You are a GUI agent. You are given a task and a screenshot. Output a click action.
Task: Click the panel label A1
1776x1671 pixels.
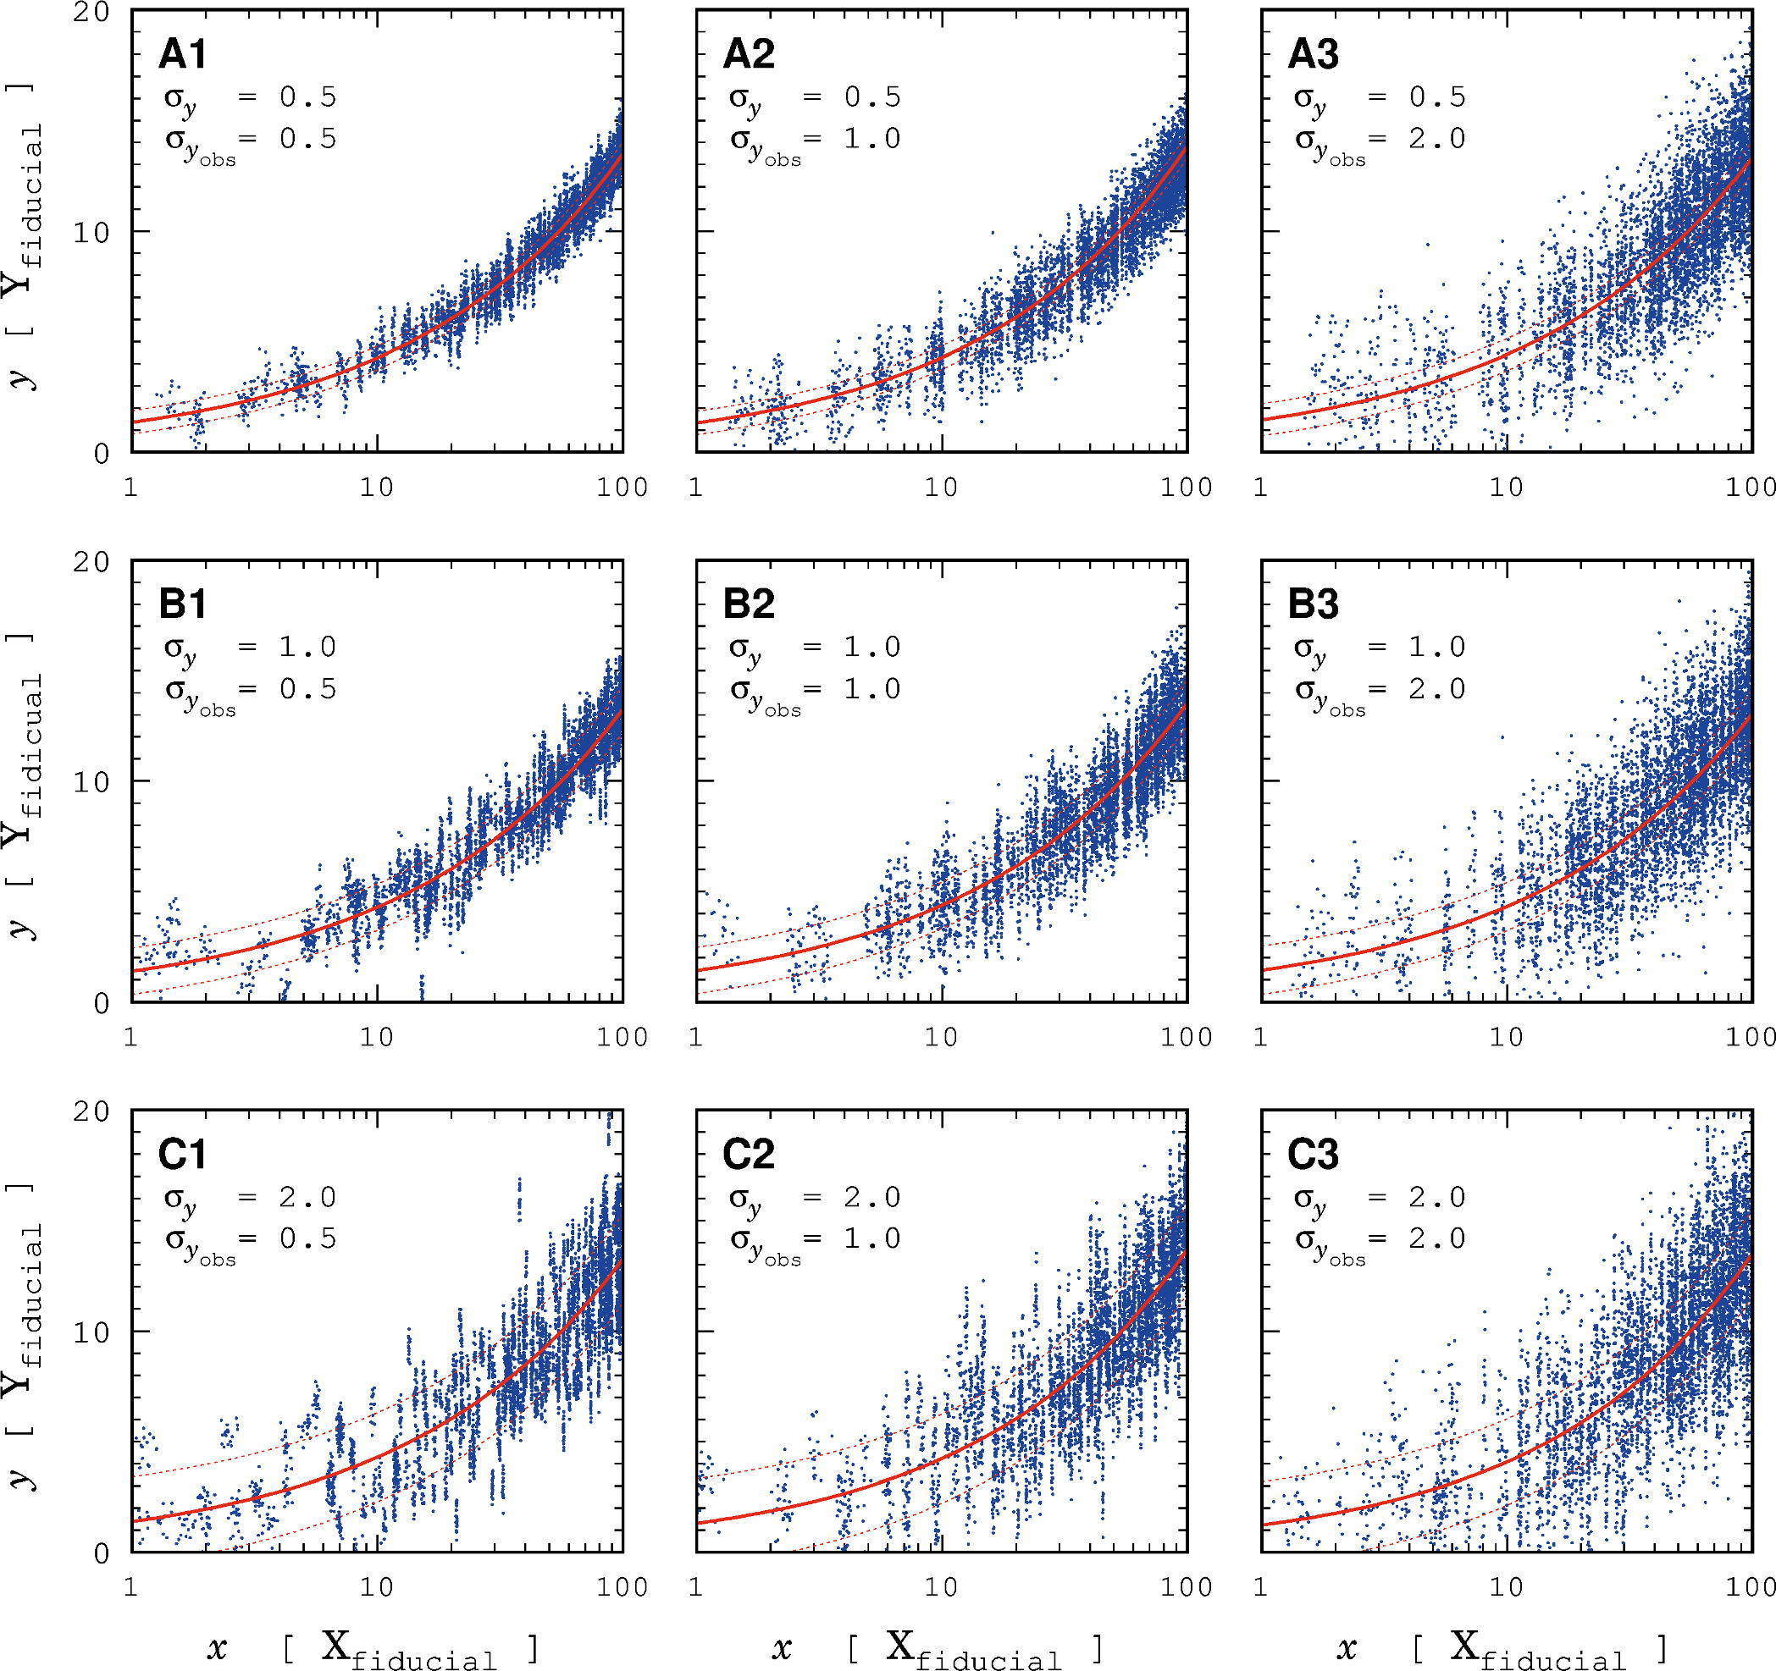182,54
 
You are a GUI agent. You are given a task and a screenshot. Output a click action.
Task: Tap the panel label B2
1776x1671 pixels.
749,604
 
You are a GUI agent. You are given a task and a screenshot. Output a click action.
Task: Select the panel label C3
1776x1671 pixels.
1314,1155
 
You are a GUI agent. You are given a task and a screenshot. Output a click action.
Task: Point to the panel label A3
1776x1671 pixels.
1314,54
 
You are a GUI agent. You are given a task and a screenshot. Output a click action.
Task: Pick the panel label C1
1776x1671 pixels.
182,1155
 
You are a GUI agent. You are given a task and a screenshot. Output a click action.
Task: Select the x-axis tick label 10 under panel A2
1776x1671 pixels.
941,488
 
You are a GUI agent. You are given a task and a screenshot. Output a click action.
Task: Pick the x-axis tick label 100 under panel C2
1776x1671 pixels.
1187,1588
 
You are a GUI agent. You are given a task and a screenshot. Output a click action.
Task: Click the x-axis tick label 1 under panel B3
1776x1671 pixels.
1260,1038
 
